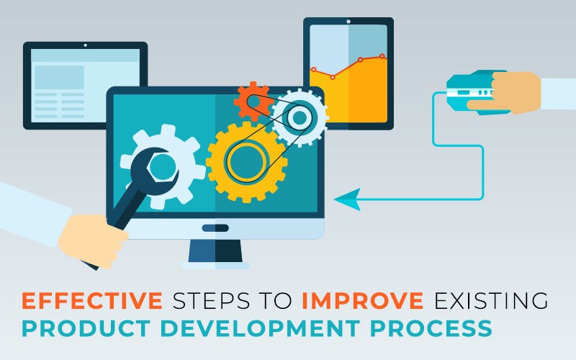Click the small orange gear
(x=251, y=101)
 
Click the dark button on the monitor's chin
(x=215, y=228)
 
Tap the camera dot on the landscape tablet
(x=85, y=46)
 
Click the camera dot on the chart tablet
(x=348, y=22)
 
